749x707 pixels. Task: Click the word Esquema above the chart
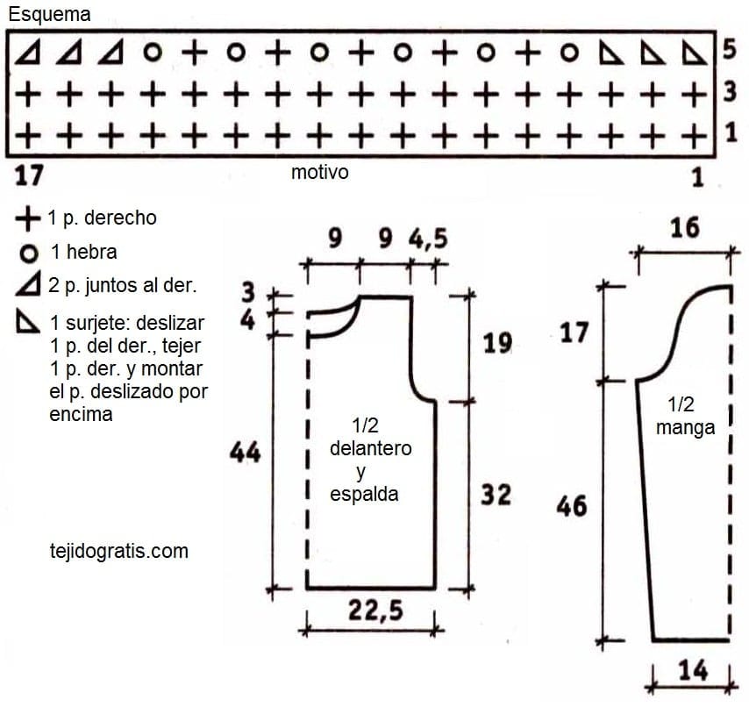pos(49,14)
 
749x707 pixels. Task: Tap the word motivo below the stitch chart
pos(319,172)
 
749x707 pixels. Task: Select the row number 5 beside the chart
pos(730,49)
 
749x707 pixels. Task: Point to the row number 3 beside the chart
pos(730,91)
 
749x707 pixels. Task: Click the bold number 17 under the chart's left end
pos(29,175)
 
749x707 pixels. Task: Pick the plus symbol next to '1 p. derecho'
pos(28,218)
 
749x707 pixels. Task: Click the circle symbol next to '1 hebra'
pos(29,254)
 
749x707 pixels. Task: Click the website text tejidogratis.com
pos(119,551)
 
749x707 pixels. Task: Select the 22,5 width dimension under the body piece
pos(375,611)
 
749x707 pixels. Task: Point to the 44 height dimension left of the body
pos(245,452)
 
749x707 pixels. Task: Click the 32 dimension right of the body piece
pos(496,495)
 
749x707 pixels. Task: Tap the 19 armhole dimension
pos(497,343)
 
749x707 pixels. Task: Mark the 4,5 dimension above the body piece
pos(428,239)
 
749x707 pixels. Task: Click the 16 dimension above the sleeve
pos(684,227)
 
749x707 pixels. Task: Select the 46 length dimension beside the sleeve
pos(571,506)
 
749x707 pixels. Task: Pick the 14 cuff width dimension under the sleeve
pos(693,670)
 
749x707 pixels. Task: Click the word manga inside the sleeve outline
pos(685,427)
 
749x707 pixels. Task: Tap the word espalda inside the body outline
pos(364,494)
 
